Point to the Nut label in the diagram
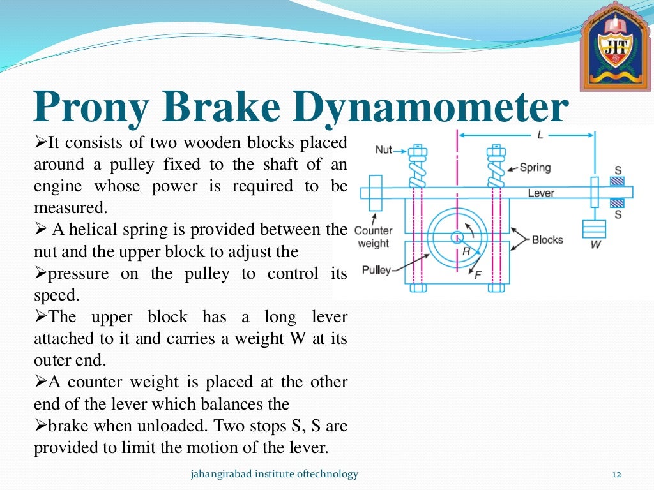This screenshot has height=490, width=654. click(384, 149)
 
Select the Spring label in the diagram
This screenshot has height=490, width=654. click(535, 168)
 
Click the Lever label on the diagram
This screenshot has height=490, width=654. click(541, 193)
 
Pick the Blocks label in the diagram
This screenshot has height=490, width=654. click(547, 240)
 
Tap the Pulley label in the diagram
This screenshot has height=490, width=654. click(376, 270)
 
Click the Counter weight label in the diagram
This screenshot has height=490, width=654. click(374, 237)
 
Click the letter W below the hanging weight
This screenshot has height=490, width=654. click(595, 244)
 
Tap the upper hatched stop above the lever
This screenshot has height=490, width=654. click(617, 181)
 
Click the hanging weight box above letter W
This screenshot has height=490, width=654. click(594, 228)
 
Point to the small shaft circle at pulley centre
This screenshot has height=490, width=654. click(457, 237)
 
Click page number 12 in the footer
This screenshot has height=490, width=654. click(616, 474)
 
